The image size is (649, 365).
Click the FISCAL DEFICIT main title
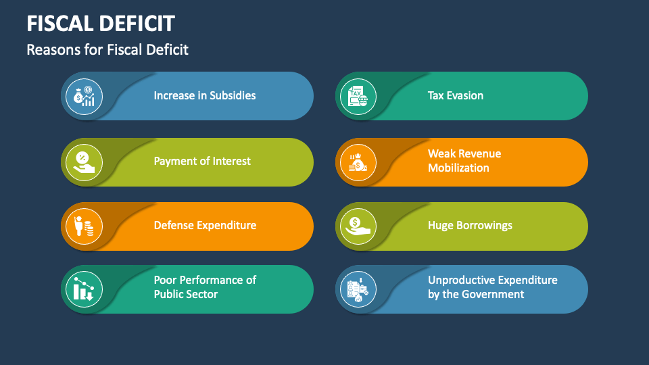click(x=101, y=24)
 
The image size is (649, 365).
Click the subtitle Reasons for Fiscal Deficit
click(x=107, y=49)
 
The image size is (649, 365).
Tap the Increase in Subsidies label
click(x=204, y=95)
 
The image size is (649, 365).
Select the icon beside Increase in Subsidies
click(x=84, y=96)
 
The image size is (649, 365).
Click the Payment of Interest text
click(x=201, y=161)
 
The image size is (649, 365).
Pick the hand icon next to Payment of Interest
click(x=84, y=162)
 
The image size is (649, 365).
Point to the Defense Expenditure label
click(x=205, y=225)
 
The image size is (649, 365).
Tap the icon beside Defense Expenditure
click(x=84, y=226)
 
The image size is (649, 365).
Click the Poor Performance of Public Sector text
click(x=205, y=287)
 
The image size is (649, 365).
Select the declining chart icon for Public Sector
click(x=84, y=289)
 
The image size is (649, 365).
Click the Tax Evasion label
click(x=455, y=95)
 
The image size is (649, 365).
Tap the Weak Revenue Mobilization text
click(x=464, y=161)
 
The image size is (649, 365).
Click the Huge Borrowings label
click(x=470, y=225)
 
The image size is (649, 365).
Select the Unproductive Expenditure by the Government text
click(x=492, y=287)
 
